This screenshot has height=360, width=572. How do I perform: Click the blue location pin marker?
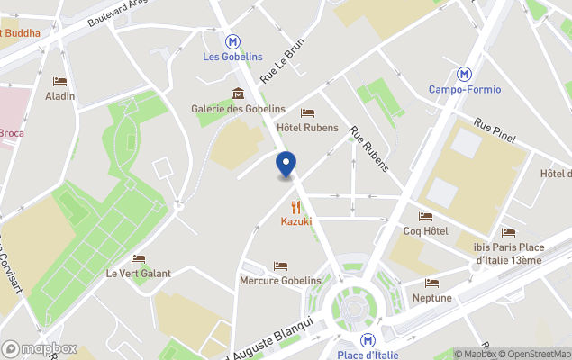pos(286,165)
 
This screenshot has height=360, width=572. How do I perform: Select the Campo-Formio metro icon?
pos(465,74)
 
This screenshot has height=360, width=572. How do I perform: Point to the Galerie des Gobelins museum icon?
pos(238,93)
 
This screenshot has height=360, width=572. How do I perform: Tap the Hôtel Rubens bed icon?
pos(307,112)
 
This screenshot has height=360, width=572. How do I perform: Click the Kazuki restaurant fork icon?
pos(295,207)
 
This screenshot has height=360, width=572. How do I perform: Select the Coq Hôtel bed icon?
pos(425,216)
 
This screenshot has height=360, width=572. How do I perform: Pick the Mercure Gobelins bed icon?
pos(280,265)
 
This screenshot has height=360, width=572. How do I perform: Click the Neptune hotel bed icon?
pos(431,283)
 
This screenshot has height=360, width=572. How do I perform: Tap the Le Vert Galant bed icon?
pos(138,258)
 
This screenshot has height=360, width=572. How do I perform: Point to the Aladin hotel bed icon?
pos(60,81)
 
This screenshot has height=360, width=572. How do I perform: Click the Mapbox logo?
pos(40,348)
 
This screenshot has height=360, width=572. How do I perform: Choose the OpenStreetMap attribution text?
pos(535,354)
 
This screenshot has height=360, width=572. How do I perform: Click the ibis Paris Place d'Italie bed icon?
pos(508,232)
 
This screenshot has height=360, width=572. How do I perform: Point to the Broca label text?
pos(11,133)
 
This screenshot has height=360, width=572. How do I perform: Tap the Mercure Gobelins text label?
pos(280,281)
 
